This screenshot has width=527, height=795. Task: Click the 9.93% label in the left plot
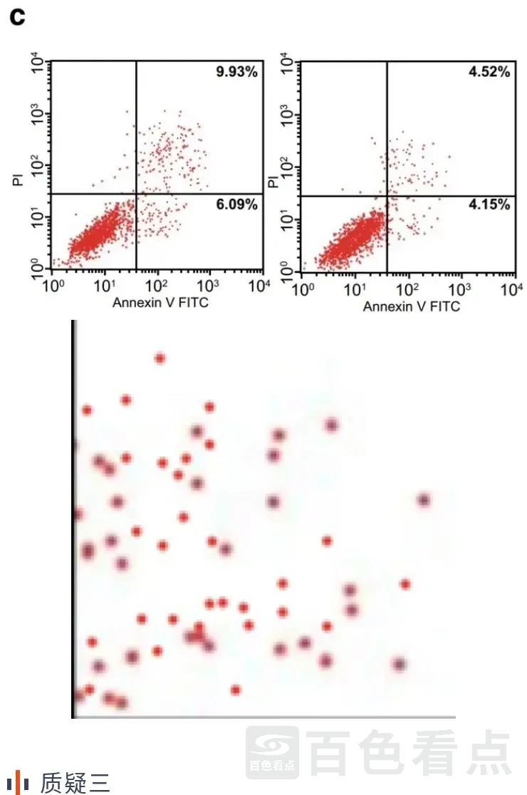tap(237, 72)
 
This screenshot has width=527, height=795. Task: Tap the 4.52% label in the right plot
tap(489, 72)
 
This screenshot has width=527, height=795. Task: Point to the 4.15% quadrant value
tap(489, 205)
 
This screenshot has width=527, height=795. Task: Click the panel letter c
tap(16, 17)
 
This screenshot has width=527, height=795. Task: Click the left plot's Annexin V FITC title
tap(160, 303)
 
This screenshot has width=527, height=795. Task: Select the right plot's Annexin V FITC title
tap(411, 306)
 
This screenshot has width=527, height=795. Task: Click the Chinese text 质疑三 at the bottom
tap(75, 782)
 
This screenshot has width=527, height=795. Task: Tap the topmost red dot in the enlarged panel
tap(160, 358)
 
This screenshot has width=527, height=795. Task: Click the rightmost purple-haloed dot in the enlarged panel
tap(424, 500)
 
